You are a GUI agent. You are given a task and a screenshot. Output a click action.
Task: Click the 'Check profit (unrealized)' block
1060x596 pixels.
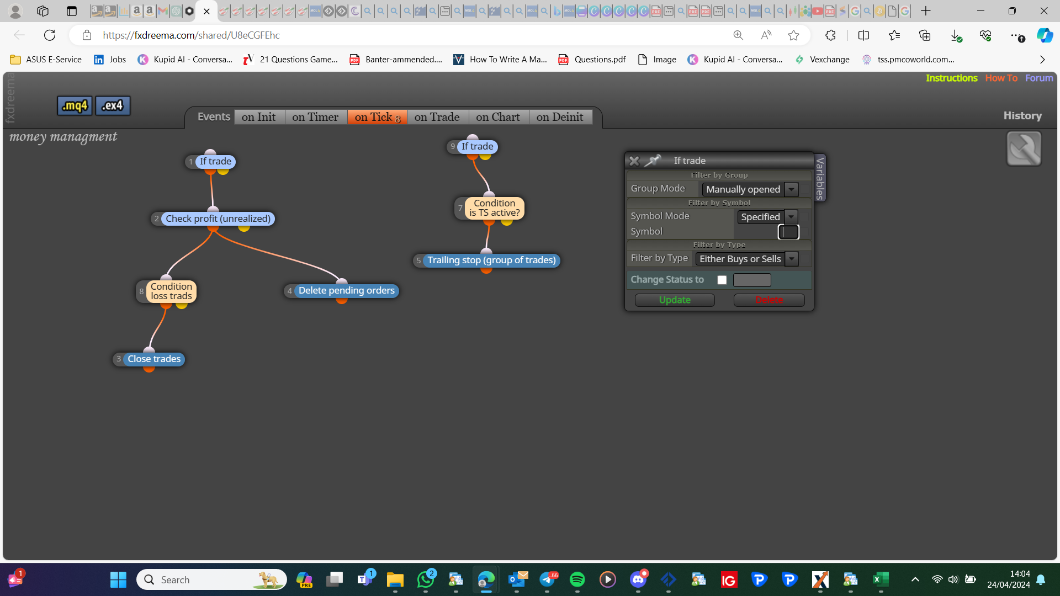coord(218,219)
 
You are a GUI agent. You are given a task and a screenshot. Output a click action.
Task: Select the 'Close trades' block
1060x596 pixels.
coord(154,359)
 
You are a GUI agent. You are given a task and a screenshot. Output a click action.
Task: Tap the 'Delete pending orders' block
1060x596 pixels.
coord(346,291)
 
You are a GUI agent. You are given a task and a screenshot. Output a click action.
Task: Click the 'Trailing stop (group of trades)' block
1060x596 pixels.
coord(491,260)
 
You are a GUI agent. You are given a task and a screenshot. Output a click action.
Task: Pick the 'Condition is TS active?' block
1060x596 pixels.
coord(494,208)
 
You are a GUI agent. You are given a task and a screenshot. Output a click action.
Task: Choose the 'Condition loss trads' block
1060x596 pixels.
coord(171,291)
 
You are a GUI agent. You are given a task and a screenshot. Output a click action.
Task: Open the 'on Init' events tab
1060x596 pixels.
coord(259,117)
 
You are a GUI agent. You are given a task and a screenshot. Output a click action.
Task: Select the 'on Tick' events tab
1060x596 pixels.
coord(377,117)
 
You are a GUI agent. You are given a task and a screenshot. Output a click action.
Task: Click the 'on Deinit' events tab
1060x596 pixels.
coord(560,117)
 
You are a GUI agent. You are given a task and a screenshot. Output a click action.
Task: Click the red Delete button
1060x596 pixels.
coord(769,300)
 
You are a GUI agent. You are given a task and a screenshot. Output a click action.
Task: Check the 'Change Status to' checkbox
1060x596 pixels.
coord(722,280)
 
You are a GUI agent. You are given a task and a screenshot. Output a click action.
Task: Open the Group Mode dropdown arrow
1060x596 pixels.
coord(792,189)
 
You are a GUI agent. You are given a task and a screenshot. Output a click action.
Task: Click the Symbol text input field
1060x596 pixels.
coord(788,232)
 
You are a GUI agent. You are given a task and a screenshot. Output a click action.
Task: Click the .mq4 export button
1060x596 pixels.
coord(75,105)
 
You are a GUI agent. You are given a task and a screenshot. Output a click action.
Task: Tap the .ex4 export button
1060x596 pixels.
coord(113,105)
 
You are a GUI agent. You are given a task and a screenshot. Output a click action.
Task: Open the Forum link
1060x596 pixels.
coord(1039,78)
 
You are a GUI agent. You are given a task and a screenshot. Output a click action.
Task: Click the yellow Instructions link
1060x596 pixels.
coord(951,78)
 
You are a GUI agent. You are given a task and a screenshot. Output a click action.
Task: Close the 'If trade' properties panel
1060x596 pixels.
coord(634,161)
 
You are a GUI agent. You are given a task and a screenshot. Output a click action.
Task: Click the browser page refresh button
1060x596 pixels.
coord(50,35)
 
